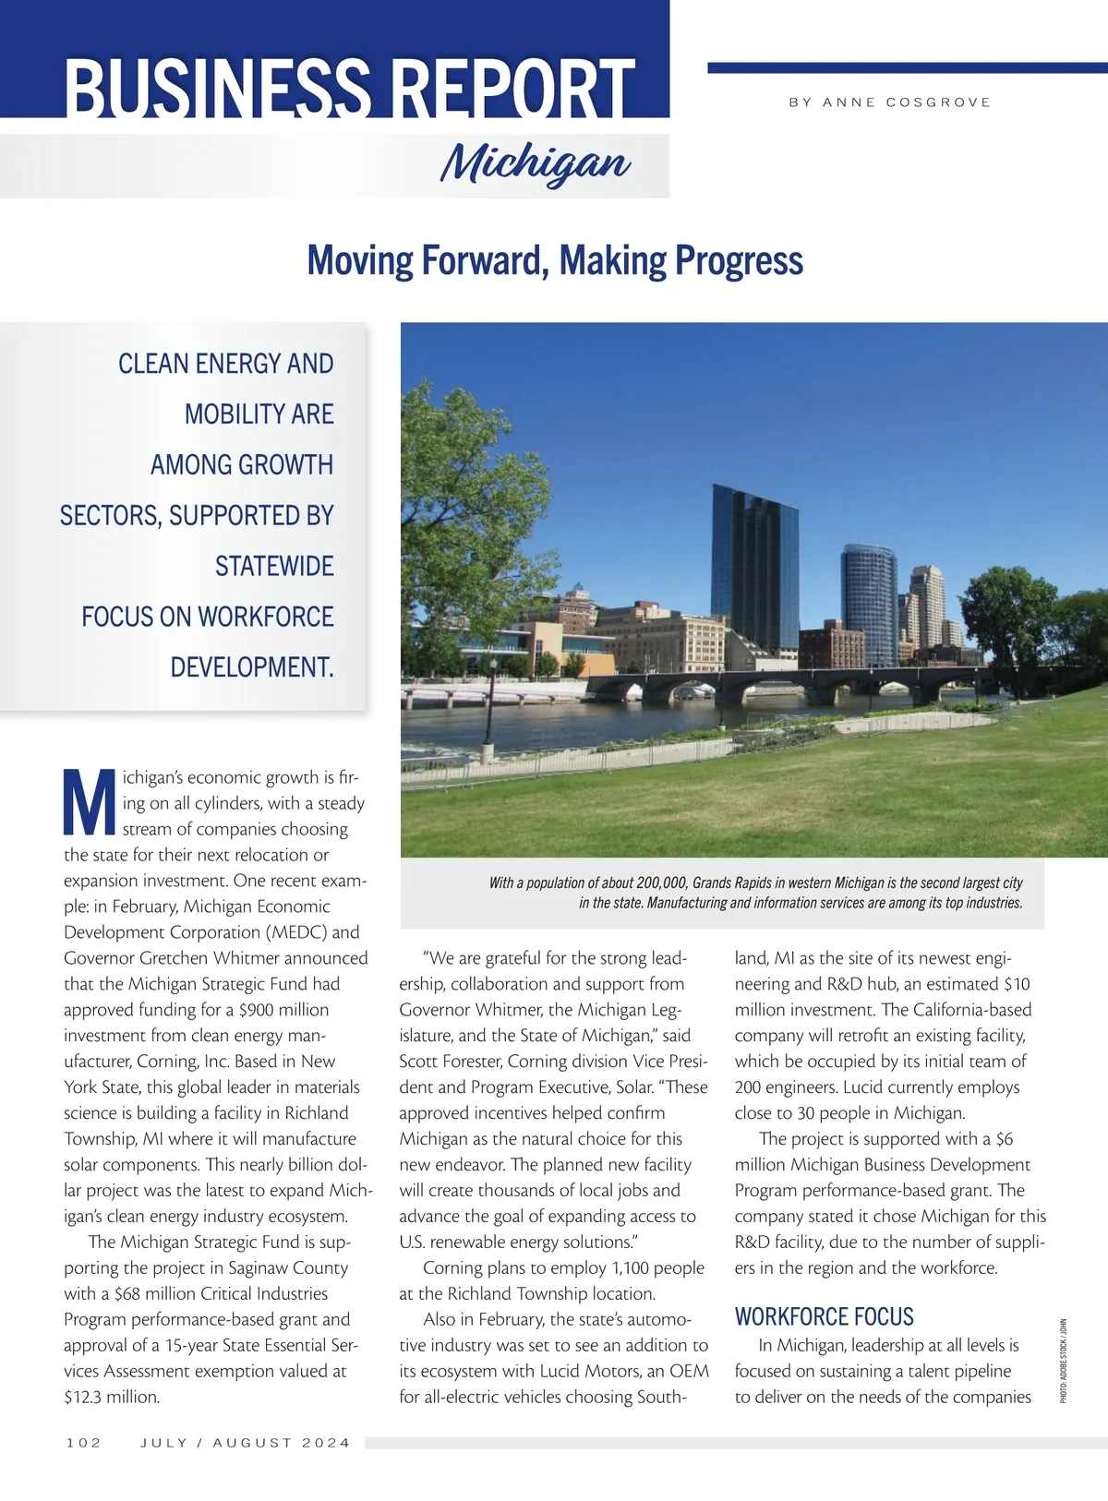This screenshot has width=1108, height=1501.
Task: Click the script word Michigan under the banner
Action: point(536,164)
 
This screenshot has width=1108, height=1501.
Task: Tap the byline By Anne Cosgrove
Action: point(889,102)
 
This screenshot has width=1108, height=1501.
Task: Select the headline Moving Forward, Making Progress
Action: point(555,260)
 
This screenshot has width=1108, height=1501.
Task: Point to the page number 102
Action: point(84,1442)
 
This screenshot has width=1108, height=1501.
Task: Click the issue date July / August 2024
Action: point(246,1442)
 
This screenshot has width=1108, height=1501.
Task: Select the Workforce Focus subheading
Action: point(824,1316)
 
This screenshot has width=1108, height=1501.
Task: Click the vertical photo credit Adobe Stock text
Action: point(1063,1362)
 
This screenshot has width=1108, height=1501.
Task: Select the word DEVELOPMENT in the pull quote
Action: point(251,666)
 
